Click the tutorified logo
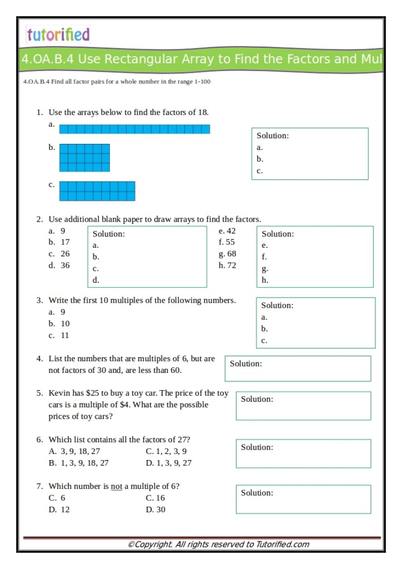coord(58,34)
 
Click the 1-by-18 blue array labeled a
coord(134,129)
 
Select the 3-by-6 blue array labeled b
coord(84,158)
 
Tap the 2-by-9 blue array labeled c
coord(97,191)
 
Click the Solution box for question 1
coord(309,154)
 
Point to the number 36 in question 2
coord(65,266)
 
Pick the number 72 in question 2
coord(230,266)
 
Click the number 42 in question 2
coord(231,231)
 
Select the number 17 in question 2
coord(65,242)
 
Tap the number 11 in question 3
coord(65,336)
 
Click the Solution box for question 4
coord(300,368)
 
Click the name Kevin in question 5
coord(59,393)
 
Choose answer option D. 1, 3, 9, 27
coord(169,463)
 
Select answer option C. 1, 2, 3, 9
coord(166,451)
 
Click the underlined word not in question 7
coord(116,486)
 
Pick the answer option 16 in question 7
coord(160,498)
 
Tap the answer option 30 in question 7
coord(160,510)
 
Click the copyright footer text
coord(218,545)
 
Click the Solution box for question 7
coord(305,499)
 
